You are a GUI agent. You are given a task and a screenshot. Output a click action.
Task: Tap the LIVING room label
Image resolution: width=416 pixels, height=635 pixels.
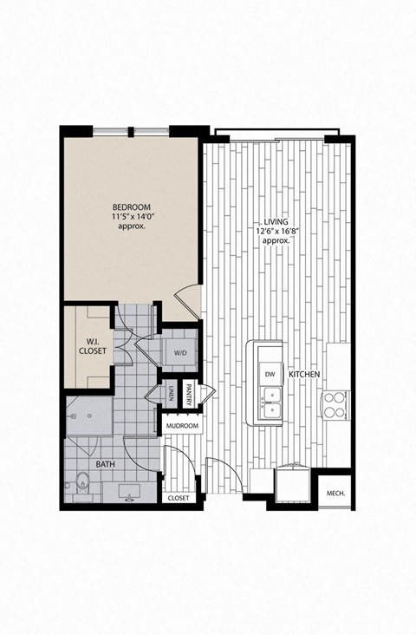[x=276, y=221]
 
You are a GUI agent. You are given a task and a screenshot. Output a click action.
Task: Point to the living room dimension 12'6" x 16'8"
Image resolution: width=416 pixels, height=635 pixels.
[x=276, y=231]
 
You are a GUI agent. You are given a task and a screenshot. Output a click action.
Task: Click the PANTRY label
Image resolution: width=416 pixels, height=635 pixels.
[x=187, y=394]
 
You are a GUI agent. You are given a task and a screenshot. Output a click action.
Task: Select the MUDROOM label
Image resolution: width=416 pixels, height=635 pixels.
[x=183, y=426]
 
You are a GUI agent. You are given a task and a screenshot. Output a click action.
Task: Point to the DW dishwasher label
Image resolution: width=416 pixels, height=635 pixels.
[x=270, y=373]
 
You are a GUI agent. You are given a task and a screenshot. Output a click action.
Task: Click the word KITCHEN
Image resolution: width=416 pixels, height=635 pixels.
[x=305, y=373]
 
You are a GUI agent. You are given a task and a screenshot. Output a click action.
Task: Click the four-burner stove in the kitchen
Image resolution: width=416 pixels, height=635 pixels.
[x=336, y=403]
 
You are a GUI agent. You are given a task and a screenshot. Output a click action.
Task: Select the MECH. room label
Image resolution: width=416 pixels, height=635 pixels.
[x=335, y=493]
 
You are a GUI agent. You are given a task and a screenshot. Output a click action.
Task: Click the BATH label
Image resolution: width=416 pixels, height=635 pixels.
[x=106, y=465]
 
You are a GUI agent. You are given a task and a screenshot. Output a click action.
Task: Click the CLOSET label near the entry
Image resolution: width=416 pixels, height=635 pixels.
[x=179, y=498]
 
